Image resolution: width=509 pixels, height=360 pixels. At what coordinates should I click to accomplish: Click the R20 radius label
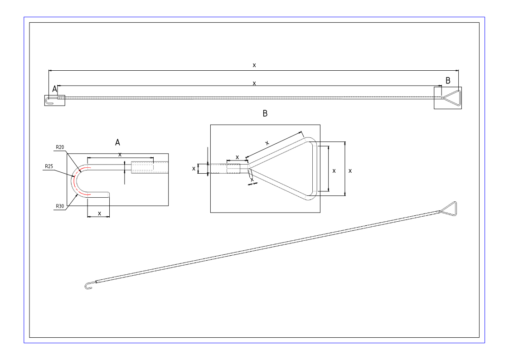59,147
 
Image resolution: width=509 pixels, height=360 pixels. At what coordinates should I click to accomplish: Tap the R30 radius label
59,206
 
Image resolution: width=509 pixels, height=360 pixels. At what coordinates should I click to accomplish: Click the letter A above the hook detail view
117,142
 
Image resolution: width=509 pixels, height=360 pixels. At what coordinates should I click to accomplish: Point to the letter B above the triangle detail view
265,113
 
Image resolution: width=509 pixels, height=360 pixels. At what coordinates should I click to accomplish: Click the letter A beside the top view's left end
55,88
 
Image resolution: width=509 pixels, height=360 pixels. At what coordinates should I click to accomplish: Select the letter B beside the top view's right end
448,81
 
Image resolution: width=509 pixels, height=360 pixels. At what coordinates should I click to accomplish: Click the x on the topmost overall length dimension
254,65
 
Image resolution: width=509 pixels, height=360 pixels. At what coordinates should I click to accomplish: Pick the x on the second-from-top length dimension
254,83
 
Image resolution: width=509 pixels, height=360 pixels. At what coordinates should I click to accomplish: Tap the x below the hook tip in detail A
99,213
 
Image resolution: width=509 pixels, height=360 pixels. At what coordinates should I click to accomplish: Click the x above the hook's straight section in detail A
120,154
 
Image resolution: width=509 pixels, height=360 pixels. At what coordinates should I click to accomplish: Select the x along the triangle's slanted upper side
267,143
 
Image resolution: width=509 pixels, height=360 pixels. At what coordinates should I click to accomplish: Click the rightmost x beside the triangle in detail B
350,170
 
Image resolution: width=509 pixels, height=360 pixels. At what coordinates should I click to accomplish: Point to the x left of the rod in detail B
194,168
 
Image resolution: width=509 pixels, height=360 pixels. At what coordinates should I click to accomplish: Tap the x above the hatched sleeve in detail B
237,157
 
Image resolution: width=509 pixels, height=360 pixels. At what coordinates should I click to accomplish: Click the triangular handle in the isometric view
449,208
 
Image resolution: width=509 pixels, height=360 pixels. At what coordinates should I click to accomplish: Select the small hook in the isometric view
88,286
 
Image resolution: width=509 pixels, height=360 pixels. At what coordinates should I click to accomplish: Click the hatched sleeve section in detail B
234,169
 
